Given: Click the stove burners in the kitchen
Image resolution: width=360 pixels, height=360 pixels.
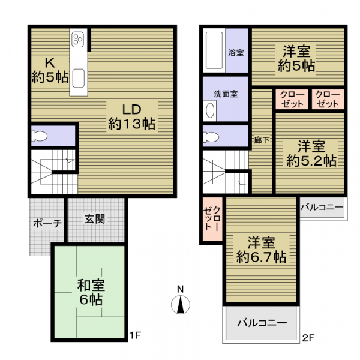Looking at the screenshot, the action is tap(78, 39).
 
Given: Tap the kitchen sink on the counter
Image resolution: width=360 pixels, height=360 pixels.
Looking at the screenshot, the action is tap(78, 78).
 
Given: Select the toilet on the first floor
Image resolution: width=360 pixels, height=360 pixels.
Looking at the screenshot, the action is tap(39, 136).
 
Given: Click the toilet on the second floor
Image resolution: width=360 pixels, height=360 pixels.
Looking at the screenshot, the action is tap(211, 137).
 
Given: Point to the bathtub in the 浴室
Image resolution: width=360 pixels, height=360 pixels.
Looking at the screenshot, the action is tap(214, 50).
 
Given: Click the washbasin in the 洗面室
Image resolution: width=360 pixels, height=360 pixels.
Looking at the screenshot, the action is tap(210, 110).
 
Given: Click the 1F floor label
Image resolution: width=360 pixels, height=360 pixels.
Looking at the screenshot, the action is tap(135, 335).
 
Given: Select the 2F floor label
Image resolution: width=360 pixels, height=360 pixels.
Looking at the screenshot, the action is tap(308, 338).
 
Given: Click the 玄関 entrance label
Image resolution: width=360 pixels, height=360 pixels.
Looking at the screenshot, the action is tap(95, 219).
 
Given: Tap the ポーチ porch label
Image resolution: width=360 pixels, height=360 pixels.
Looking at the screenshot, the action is tap(47, 223).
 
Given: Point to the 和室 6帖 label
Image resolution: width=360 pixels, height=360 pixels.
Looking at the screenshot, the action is tap(91, 292).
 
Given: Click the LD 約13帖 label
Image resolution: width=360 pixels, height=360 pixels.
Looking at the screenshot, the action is tap(132, 116).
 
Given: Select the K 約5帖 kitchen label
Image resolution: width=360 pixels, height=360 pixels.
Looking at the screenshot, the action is tap(50, 70).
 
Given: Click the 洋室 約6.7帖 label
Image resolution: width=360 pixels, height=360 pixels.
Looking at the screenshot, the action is tap(261, 250).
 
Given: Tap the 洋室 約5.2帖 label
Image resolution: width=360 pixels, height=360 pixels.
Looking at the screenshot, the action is tap(311, 154).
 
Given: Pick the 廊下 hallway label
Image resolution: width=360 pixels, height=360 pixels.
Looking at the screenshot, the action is tap(262, 140).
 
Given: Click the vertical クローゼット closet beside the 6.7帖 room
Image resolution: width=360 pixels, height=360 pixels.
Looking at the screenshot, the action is tap(212, 219).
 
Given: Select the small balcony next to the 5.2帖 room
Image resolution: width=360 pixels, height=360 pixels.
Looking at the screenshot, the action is tap(322, 208).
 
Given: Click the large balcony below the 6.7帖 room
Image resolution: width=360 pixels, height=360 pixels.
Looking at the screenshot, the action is tap(261, 323).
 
